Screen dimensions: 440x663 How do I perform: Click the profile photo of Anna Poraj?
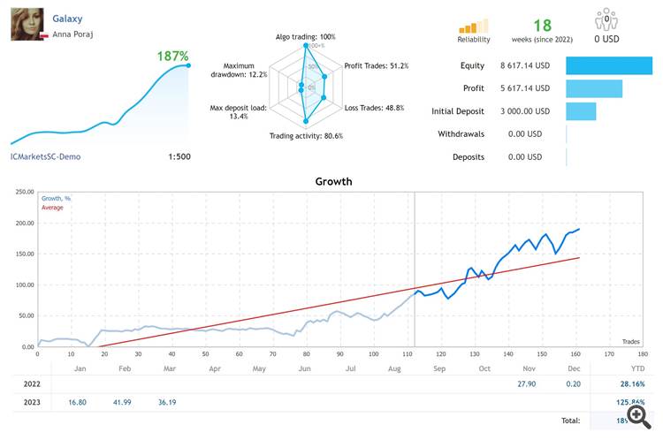(26, 24)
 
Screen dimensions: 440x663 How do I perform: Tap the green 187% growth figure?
(172, 56)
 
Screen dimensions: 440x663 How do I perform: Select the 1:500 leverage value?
(178, 156)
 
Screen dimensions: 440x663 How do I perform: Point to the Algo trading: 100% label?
(298, 36)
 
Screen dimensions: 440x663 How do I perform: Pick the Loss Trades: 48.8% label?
(374, 108)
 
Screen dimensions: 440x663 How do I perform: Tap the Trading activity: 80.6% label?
(306, 136)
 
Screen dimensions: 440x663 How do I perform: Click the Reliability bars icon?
(474, 26)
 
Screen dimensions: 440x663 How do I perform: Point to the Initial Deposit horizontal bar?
(581, 111)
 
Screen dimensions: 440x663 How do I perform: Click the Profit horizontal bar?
(594, 88)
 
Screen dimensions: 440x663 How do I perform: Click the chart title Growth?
(333, 182)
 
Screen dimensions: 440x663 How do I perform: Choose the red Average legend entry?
(52, 208)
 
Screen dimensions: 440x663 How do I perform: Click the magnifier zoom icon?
(637, 413)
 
